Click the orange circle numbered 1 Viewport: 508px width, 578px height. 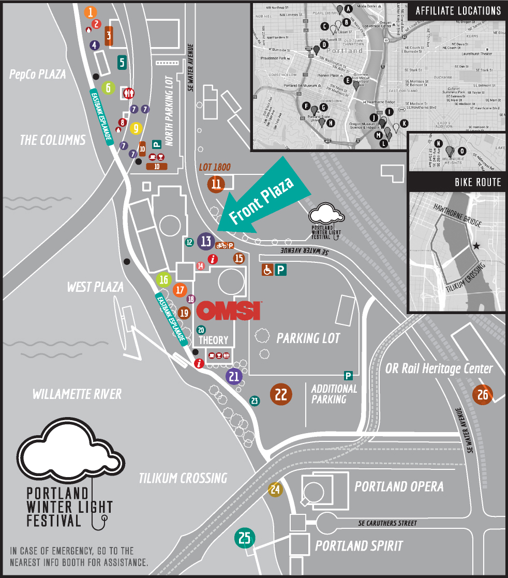coord(91,12)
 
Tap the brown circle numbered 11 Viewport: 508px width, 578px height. coord(216,184)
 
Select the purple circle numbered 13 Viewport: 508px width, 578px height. coord(206,241)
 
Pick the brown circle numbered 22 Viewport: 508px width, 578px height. coord(281,395)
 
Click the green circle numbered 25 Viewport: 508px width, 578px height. coord(245,538)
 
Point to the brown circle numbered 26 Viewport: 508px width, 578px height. coord(482,395)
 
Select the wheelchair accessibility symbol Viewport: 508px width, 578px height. coord(267,270)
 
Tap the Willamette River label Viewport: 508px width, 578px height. coord(77,394)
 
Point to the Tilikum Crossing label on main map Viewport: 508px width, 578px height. coord(183,478)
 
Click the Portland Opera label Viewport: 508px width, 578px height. coord(398,486)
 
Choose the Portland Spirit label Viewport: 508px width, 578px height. coord(358,546)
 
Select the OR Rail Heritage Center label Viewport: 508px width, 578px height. coord(439,368)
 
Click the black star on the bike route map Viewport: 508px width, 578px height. coord(476,246)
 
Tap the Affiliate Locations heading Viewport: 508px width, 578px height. coord(458,11)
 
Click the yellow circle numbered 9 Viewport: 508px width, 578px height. coord(136,127)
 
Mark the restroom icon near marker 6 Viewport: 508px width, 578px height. coord(129,93)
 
